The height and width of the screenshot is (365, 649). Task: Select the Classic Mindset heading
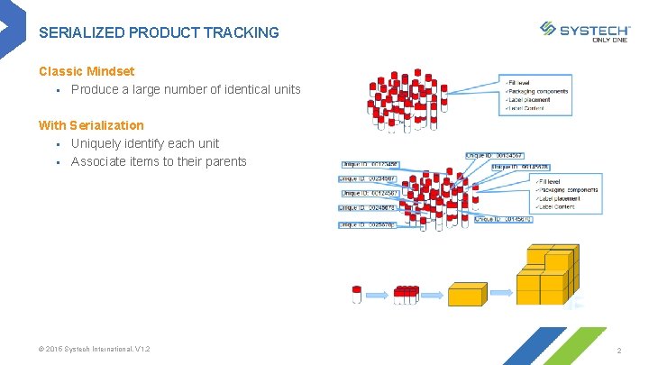(x=87, y=70)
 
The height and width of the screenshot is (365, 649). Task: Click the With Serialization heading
(x=91, y=125)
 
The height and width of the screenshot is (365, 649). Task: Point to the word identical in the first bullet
(x=219, y=89)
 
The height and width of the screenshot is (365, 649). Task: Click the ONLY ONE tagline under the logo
(x=610, y=40)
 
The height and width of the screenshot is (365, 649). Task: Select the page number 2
(x=619, y=350)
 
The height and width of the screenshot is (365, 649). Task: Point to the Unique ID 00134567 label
(x=495, y=156)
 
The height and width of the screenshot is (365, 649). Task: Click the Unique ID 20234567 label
(x=368, y=178)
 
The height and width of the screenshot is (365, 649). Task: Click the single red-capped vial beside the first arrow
(x=357, y=295)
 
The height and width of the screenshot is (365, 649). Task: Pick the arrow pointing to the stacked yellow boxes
(x=501, y=294)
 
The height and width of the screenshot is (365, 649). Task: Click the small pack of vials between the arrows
(x=407, y=295)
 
